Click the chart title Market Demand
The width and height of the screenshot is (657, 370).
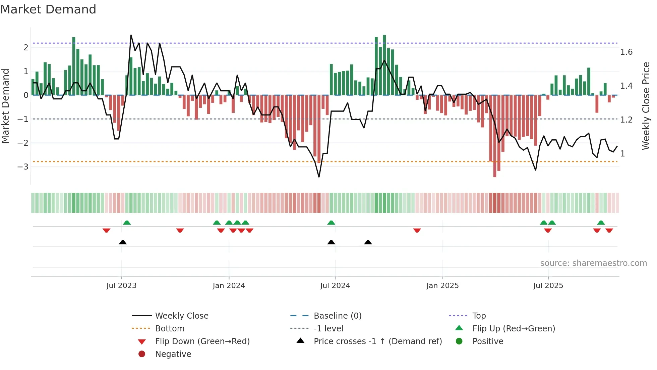48,9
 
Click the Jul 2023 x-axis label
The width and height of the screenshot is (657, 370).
121,286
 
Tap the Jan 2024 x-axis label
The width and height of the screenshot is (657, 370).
229,286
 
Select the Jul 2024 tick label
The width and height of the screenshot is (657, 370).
335,286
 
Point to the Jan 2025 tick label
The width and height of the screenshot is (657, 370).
442,286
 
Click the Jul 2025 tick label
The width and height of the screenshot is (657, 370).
548,286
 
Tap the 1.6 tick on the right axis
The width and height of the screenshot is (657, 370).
626,52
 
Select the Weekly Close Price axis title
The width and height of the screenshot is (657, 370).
646,106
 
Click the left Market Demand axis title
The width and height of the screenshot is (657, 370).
5,106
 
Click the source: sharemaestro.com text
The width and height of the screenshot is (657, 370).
593,263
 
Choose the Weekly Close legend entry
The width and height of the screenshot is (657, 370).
182,316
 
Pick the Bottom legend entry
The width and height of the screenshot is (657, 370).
170,329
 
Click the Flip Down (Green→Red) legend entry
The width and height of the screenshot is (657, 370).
202,341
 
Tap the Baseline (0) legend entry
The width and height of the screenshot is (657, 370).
338,316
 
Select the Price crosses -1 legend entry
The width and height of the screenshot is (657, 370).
377,341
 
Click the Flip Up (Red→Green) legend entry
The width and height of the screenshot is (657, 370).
514,329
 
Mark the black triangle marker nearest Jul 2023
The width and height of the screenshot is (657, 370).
123,242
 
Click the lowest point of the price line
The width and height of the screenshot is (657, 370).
319,177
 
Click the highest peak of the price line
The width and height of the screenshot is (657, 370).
131,35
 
